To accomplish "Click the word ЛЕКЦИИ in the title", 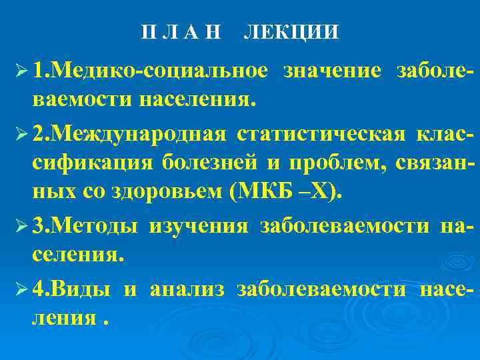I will coord(291,33).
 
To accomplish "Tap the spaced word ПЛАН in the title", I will coord(181,33).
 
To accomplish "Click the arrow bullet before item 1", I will coord(19,71).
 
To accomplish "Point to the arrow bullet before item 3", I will coord(19,226).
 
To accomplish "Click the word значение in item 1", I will coord(332,71).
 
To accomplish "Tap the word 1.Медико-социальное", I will coord(151,71).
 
